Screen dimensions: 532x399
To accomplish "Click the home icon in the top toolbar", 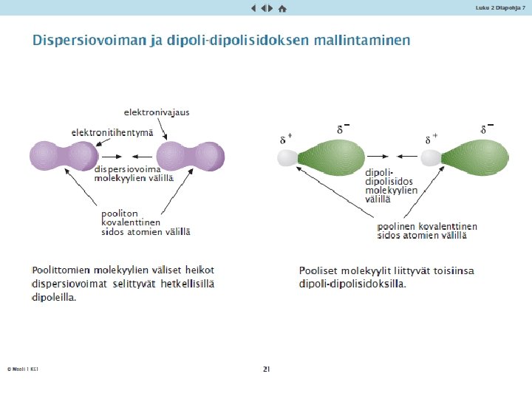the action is coord(282,8).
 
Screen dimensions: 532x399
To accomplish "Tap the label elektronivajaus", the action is coord(157,112).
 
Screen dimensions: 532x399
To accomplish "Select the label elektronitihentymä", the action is coord(112,132).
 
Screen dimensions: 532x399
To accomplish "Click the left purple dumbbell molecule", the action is coord(64,157).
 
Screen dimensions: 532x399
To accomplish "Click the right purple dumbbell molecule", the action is coord(191,157).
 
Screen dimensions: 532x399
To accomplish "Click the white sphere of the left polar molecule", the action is coord(287,157).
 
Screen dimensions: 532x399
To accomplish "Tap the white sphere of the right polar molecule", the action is coord(432,157).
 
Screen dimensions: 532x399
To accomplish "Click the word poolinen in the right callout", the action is coord(398,226).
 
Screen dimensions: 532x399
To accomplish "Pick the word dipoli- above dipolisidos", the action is coord(380,172).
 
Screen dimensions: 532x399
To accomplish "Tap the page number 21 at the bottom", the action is coord(266,368).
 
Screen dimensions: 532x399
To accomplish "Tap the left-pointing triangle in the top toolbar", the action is coord(253,8).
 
